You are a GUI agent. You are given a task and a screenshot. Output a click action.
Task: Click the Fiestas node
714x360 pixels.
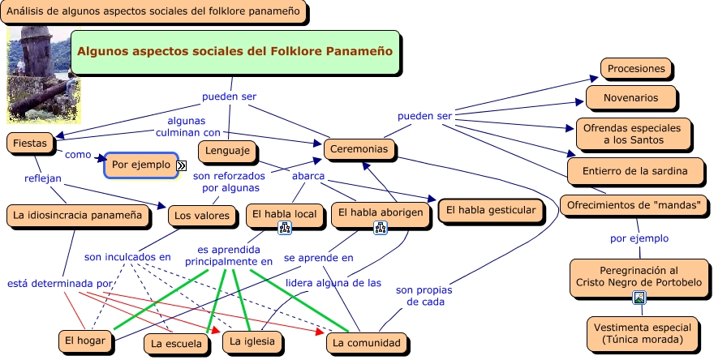30,143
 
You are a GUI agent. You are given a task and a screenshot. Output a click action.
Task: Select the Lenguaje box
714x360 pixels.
228,151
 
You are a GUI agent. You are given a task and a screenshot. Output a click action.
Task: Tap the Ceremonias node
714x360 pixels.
359,149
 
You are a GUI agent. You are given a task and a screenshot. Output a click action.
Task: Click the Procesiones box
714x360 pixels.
637,69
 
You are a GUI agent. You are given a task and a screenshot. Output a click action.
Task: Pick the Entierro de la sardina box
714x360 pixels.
634,171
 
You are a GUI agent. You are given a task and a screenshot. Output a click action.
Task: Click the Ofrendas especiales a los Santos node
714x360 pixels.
634,133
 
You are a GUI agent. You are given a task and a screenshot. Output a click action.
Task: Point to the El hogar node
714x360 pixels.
85,341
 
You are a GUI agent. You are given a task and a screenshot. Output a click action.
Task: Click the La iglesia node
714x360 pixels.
252,342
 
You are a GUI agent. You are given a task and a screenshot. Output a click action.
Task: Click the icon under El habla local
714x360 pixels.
285,229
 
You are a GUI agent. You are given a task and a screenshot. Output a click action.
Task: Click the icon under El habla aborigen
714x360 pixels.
379,229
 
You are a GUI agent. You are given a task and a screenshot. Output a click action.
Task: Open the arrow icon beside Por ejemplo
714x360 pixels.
181,165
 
